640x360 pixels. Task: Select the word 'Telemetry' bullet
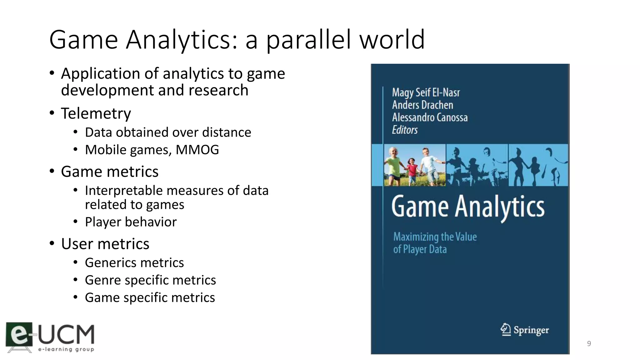tap(96, 113)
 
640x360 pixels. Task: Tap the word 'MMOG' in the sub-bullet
tap(197, 150)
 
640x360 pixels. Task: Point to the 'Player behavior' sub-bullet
tap(131, 222)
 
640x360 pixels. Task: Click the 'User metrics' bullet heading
tap(105, 244)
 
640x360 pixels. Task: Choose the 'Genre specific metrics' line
tap(150, 280)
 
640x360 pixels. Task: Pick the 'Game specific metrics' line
tap(150, 297)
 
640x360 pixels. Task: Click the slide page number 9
tap(589, 343)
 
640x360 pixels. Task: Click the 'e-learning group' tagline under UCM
tap(66, 349)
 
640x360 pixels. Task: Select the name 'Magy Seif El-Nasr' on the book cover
tap(426, 92)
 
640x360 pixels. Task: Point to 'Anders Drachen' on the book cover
tap(422, 105)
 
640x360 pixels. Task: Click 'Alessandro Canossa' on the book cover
tap(430, 117)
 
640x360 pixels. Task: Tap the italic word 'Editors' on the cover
tap(405, 130)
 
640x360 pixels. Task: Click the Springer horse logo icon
tap(505, 329)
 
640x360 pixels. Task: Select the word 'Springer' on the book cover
tap(531, 330)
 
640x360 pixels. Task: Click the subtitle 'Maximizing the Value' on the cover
tap(435, 237)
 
